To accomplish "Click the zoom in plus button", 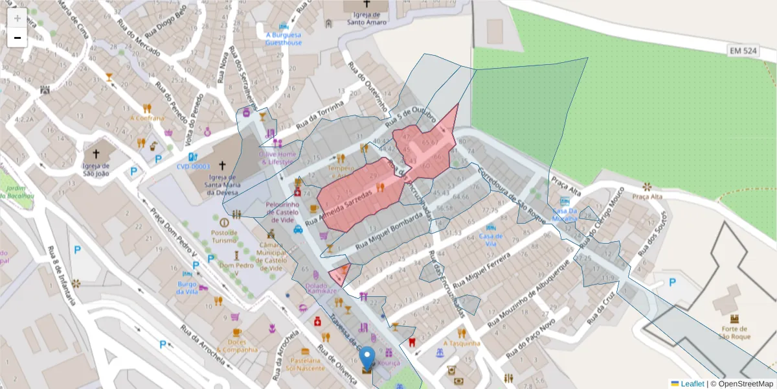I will point(17,18).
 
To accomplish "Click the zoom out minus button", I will point(17,38).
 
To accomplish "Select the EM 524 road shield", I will point(743,50).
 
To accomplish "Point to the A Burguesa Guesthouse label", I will point(283,38).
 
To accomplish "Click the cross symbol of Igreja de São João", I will point(96,154).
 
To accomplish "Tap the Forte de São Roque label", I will point(734,333).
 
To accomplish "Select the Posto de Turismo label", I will point(225,236).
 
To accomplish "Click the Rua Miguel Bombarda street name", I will point(385,232).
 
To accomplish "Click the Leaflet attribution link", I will point(692,384).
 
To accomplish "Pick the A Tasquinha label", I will point(462,343).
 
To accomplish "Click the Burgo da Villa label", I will point(187,287).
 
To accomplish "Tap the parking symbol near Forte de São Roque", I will point(672,282).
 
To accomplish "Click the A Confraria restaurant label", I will point(147,118).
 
